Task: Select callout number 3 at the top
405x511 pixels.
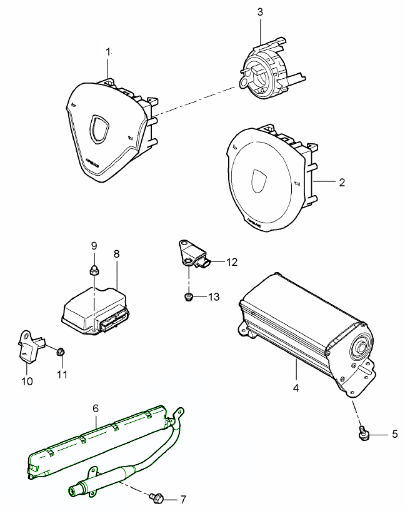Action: point(260,11)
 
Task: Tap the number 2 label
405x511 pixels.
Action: point(341,183)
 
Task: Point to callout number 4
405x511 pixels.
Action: point(296,387)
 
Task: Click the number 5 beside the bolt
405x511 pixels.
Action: point(394,433)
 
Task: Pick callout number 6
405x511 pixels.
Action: point(96,408)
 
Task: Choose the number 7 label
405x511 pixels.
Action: point(183,499)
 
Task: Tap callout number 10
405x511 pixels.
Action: point(27,382)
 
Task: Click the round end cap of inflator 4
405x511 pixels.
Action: point(361,348)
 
